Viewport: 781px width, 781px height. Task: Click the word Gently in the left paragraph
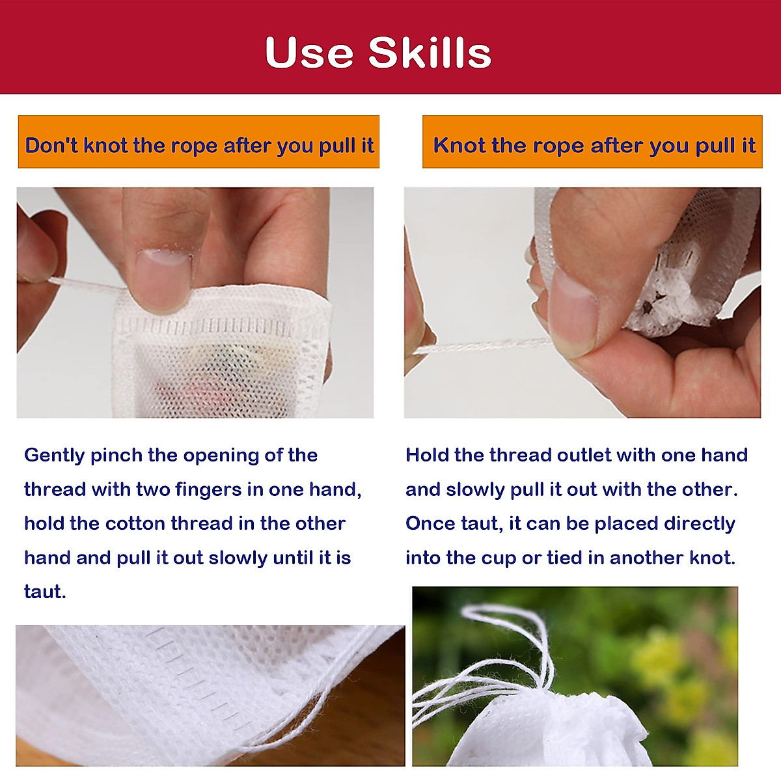point(54,456)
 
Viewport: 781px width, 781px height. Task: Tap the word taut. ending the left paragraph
point(45,592)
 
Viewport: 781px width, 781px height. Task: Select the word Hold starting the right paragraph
point(427,455)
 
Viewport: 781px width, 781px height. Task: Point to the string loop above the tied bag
point(495,625)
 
